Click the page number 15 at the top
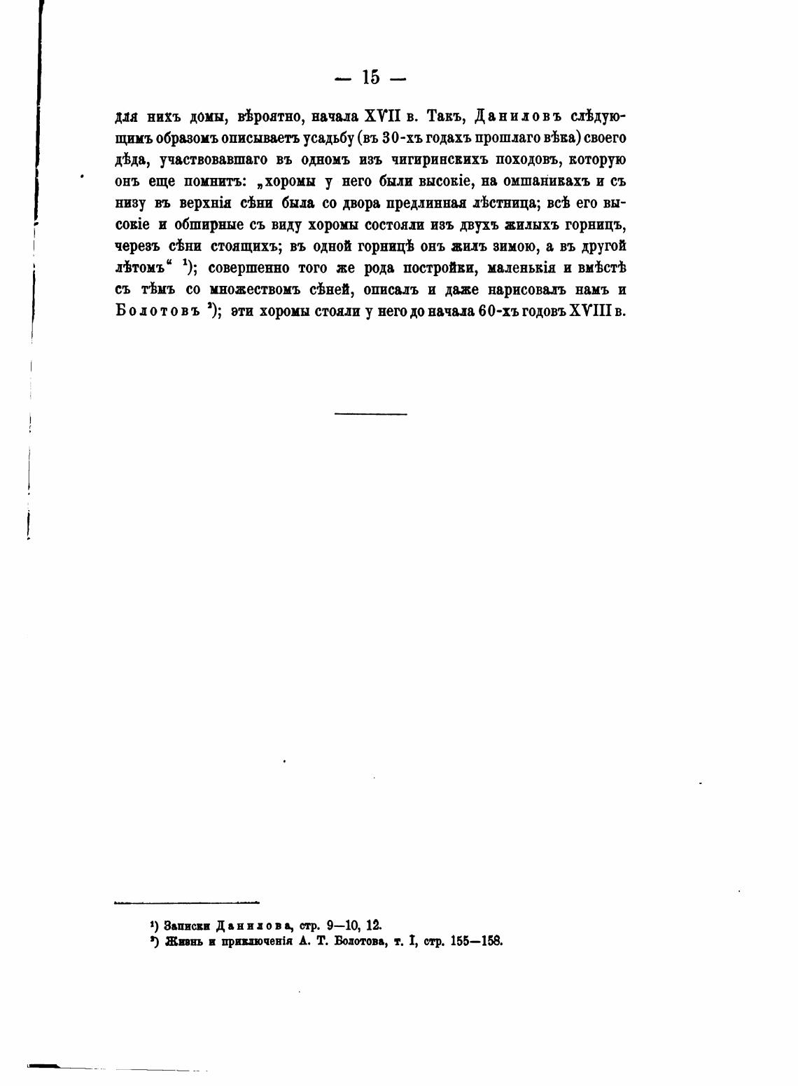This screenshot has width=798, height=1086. [x=371, y=77]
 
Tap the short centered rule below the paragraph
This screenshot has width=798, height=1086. [x=370, y=414]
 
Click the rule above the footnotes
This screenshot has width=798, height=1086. [x=186, y=902]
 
